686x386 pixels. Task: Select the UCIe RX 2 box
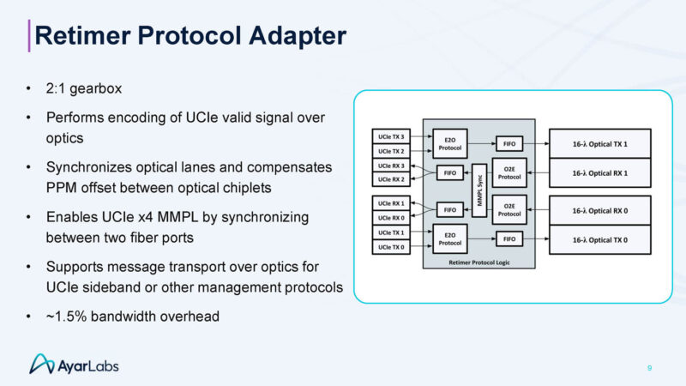[390, 179]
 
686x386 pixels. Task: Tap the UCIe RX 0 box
[390, 217]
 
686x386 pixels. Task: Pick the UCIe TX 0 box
[390, 247]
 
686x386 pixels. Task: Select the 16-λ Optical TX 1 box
[600, 142]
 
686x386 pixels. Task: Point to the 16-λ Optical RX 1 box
[600, 172]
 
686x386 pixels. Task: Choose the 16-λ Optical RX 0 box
[600, 209]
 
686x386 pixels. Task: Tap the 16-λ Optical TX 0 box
[600, 239]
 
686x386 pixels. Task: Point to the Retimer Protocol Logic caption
[478, 261]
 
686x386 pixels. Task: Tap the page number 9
[649, 368]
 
